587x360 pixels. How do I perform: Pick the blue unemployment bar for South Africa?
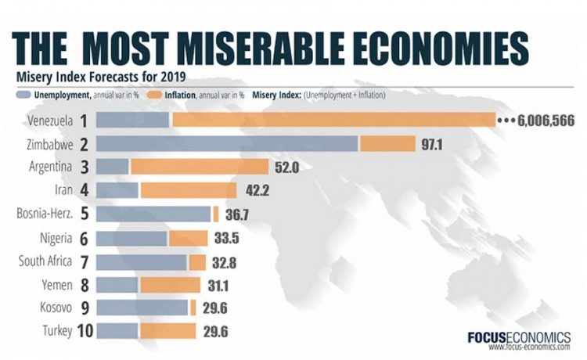point(142,261)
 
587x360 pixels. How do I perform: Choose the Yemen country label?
point(56,285)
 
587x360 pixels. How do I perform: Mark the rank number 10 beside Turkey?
point(86,332)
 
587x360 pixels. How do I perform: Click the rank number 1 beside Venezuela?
point(83,120)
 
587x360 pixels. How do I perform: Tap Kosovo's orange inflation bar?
point(193,308)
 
